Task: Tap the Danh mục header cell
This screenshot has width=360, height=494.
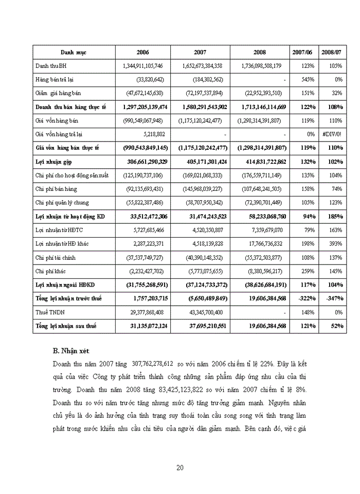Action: coord(74,52)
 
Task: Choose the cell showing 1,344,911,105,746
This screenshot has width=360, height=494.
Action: coord(143,66)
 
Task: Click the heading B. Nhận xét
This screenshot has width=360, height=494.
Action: coord(71,350)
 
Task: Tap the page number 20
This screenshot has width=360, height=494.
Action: coord(180,467)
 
